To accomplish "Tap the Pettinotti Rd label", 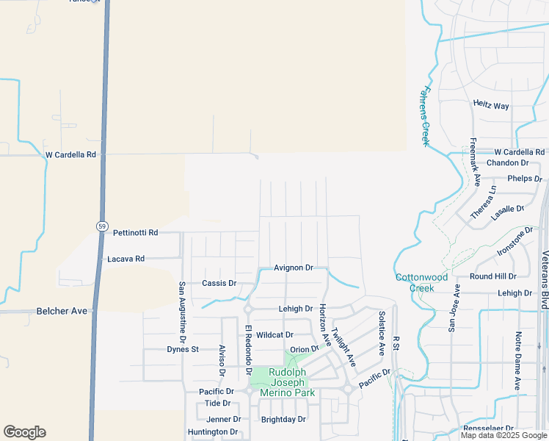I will (136, 233).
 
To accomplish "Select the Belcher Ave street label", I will (62, 312).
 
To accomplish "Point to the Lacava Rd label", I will (126, 259).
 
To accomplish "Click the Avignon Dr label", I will (294, 268).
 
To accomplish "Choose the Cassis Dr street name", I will (219, 283).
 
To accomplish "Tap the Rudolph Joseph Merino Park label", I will (288, 382).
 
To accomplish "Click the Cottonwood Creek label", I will (422, 282).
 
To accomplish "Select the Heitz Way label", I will (491, 106).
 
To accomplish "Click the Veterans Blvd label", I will (545, 279).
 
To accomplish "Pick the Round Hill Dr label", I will (493, 276).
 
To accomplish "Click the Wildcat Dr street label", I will (274, 334).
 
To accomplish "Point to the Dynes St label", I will (183, 349).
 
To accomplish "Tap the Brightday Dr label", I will (283, 420).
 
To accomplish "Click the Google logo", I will (24, 432).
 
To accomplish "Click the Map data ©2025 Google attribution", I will (503, 435).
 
